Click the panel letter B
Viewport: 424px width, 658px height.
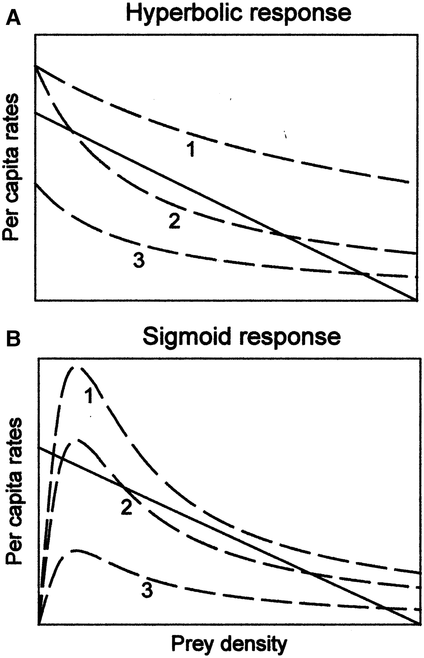[x=14, y=339]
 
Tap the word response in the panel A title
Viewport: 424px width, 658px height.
[x=303, y=14]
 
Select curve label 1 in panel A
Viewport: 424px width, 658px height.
[x=190, y=149]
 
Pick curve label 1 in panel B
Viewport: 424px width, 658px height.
[x=88, y=395]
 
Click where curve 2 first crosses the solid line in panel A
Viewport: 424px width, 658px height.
[x=72, y=131]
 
